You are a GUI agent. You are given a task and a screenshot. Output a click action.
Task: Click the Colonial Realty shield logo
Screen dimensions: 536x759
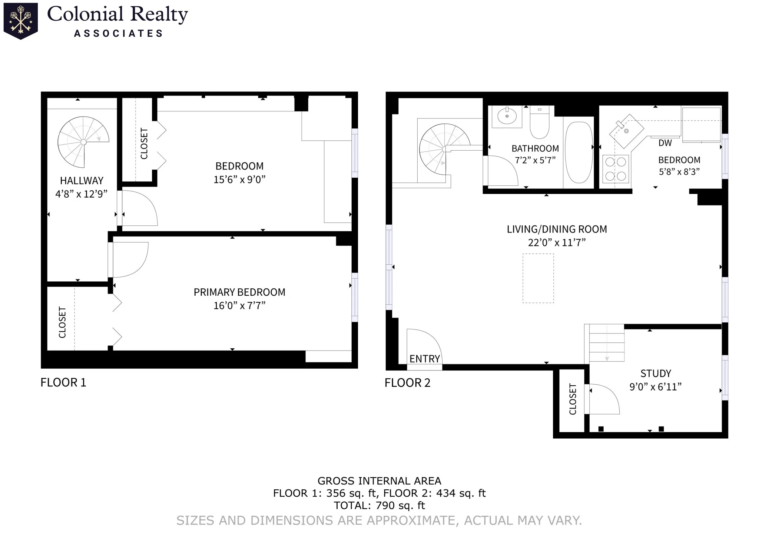pyautogui.click(x=21, y=21)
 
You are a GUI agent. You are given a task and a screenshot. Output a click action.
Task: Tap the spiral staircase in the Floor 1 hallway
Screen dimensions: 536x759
pyautogui.click(x=83, y=142)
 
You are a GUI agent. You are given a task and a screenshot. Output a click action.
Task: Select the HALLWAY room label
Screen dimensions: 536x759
pyautogui.click(x=82, y=181)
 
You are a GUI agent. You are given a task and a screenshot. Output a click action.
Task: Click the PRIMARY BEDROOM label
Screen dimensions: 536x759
pyautogui.click(x=239, y=292)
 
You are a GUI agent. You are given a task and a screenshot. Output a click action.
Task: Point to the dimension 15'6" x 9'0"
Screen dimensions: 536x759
pyautogui.click(x=239, y=180)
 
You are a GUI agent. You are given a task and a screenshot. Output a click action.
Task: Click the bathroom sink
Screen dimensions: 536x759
pyautogui.click(x=507, y=116)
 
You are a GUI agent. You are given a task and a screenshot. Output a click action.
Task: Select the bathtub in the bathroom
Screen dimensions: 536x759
pyautogui.click(x=579, y=153)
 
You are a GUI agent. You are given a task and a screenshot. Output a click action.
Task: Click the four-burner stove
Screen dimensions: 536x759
pyautogui.click(x=616, y=169)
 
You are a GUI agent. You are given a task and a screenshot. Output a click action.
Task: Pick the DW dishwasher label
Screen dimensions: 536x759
pyautogui.click(x=665, y=143)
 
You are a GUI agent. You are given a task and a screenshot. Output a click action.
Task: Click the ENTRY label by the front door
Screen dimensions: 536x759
pyautogui.click(x=424, y=359)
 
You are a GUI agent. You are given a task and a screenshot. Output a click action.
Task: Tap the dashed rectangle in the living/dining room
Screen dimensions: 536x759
pyautogui.click(x=538, y=278)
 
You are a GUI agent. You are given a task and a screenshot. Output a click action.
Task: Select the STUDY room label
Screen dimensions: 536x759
pyautogui.click(x=656, y=373)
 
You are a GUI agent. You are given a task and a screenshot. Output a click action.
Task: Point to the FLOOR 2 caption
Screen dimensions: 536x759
pyautogui.click(x=407, y=382)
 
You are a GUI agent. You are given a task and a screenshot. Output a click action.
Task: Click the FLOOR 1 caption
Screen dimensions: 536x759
pyautogui.click(x=63, y=382)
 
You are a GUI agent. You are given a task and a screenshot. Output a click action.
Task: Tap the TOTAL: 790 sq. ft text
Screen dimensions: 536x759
pyautogui.click(x=379, y=505)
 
